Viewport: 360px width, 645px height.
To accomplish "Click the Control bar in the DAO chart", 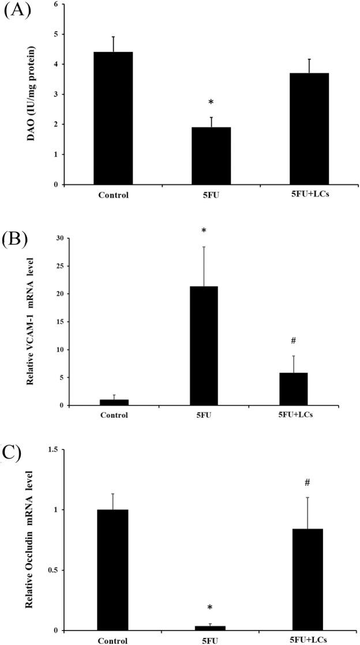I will click(114, 118).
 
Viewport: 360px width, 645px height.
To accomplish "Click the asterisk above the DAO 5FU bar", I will click(211, 103).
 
